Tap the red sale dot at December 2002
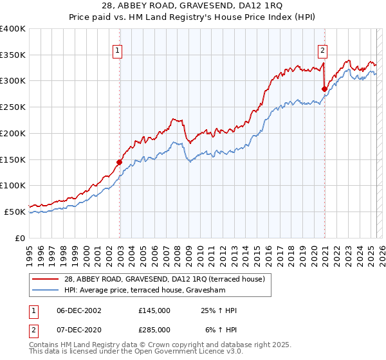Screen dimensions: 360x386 tap(119, 162)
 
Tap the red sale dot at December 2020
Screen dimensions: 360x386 tap(324, 89)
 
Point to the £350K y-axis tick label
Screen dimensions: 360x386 tap(13, 55)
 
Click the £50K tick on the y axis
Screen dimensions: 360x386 tap(15, 212)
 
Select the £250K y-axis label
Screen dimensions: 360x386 tap(13, 107)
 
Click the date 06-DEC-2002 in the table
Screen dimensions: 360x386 tap(75, 310)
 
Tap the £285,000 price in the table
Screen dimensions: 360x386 tap(154, 330)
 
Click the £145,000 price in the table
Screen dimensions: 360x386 tap(154, 310)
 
